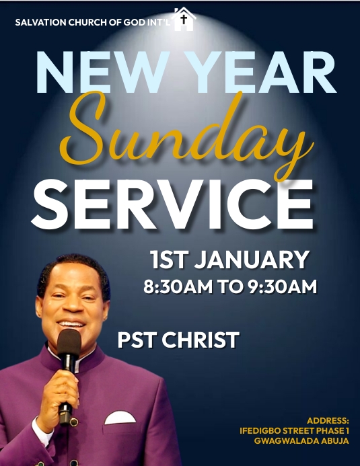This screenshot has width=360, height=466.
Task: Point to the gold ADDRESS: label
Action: [328, 420]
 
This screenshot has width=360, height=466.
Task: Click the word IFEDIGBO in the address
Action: [264, 430]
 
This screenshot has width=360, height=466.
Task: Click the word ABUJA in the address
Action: [334, 441]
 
